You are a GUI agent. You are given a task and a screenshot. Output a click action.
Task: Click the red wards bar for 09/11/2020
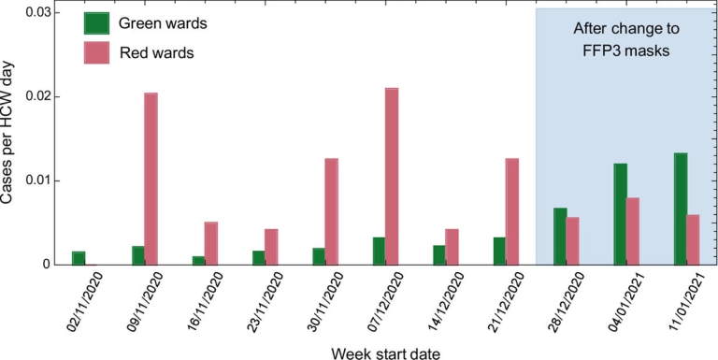(x=151, y=179)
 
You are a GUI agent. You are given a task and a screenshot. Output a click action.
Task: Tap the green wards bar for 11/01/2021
(x=681, y=209)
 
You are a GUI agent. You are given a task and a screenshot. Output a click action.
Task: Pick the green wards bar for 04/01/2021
(x=620, y=214)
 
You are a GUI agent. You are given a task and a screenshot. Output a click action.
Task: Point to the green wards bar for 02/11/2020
(x=79, y=258)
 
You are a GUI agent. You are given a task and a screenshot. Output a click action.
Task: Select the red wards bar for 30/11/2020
(x=331, y=211)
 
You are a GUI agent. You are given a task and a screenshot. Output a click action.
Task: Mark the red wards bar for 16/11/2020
(x=210, y=243)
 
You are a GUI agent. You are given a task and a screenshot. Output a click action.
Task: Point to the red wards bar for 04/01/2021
(x=634, y=231)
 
